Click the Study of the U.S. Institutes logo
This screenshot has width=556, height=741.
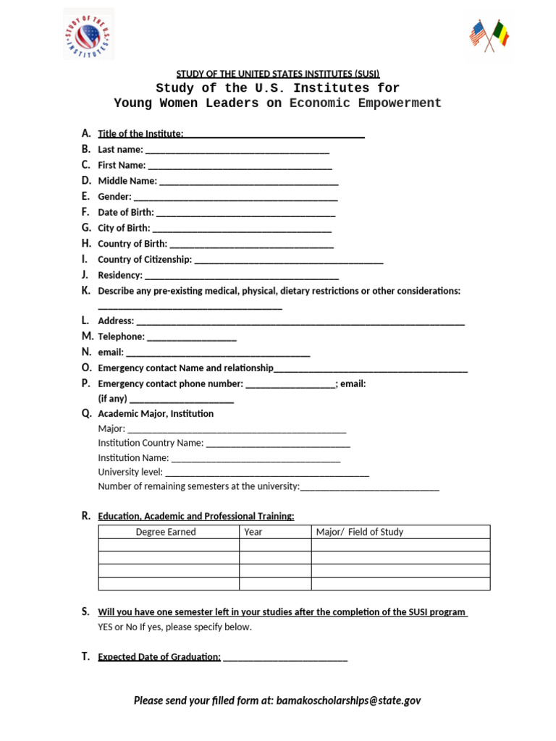click(88, 34)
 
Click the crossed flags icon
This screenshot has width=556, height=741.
click(489, 35)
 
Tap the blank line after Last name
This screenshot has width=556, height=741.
click(237, 151)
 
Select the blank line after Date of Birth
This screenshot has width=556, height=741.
click(245, 214)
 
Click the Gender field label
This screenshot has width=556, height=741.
click(114, 197)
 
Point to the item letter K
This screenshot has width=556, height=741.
click(86, 291)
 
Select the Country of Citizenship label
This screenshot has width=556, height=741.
click(145, 260)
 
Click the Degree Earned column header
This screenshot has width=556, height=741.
click(166, 532)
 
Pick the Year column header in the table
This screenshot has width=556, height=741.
click(253, 532)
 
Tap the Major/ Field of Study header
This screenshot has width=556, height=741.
click(360, 532)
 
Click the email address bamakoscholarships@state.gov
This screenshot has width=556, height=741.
click(348, 700)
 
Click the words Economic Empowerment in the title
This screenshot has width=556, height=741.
click(365, 103)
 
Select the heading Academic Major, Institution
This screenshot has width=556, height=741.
click(156, 414)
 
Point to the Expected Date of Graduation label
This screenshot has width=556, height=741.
click(159, 657)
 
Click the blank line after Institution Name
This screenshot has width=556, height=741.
click(256, 460)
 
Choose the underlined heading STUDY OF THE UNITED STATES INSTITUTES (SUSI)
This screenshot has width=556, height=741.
click(278, 74)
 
